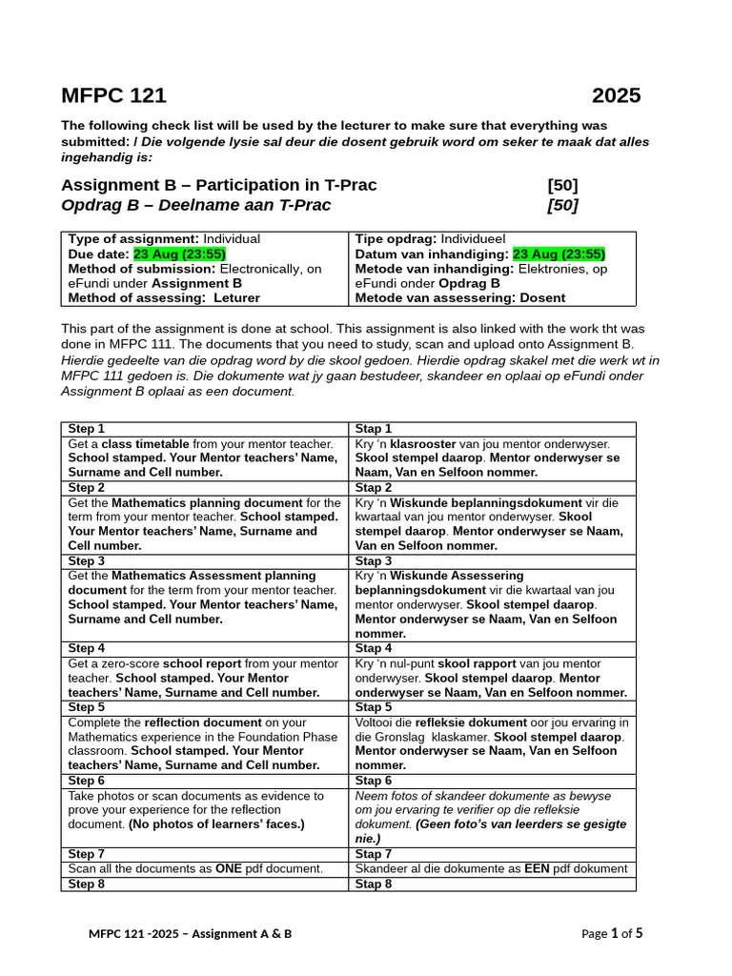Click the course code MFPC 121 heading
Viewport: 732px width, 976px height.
[x=113, y=95]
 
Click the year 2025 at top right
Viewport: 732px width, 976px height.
[x=616, y=95]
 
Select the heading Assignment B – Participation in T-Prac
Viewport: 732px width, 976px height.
[x=218, y=185]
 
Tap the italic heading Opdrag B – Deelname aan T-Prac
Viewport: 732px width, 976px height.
[x=195, y=205]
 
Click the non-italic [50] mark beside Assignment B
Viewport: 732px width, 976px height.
[x=562, y=185]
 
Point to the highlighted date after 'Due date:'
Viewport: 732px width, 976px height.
[x=179, y=254]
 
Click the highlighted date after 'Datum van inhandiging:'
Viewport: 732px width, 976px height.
[x=559, y=254]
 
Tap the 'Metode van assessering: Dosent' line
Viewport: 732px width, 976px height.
[x=459, y=297]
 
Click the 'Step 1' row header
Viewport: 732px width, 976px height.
[x=87, y=429]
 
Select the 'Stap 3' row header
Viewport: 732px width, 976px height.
[x=374, y=561]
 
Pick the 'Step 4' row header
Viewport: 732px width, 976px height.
[x=87, y=648]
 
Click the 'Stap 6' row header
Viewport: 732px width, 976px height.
[x=374, y=781]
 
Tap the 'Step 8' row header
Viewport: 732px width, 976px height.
[x=87, y=884]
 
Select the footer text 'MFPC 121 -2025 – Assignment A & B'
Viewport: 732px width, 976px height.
[x=190, y=933]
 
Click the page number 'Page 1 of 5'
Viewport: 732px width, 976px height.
[x=612, y=933]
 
